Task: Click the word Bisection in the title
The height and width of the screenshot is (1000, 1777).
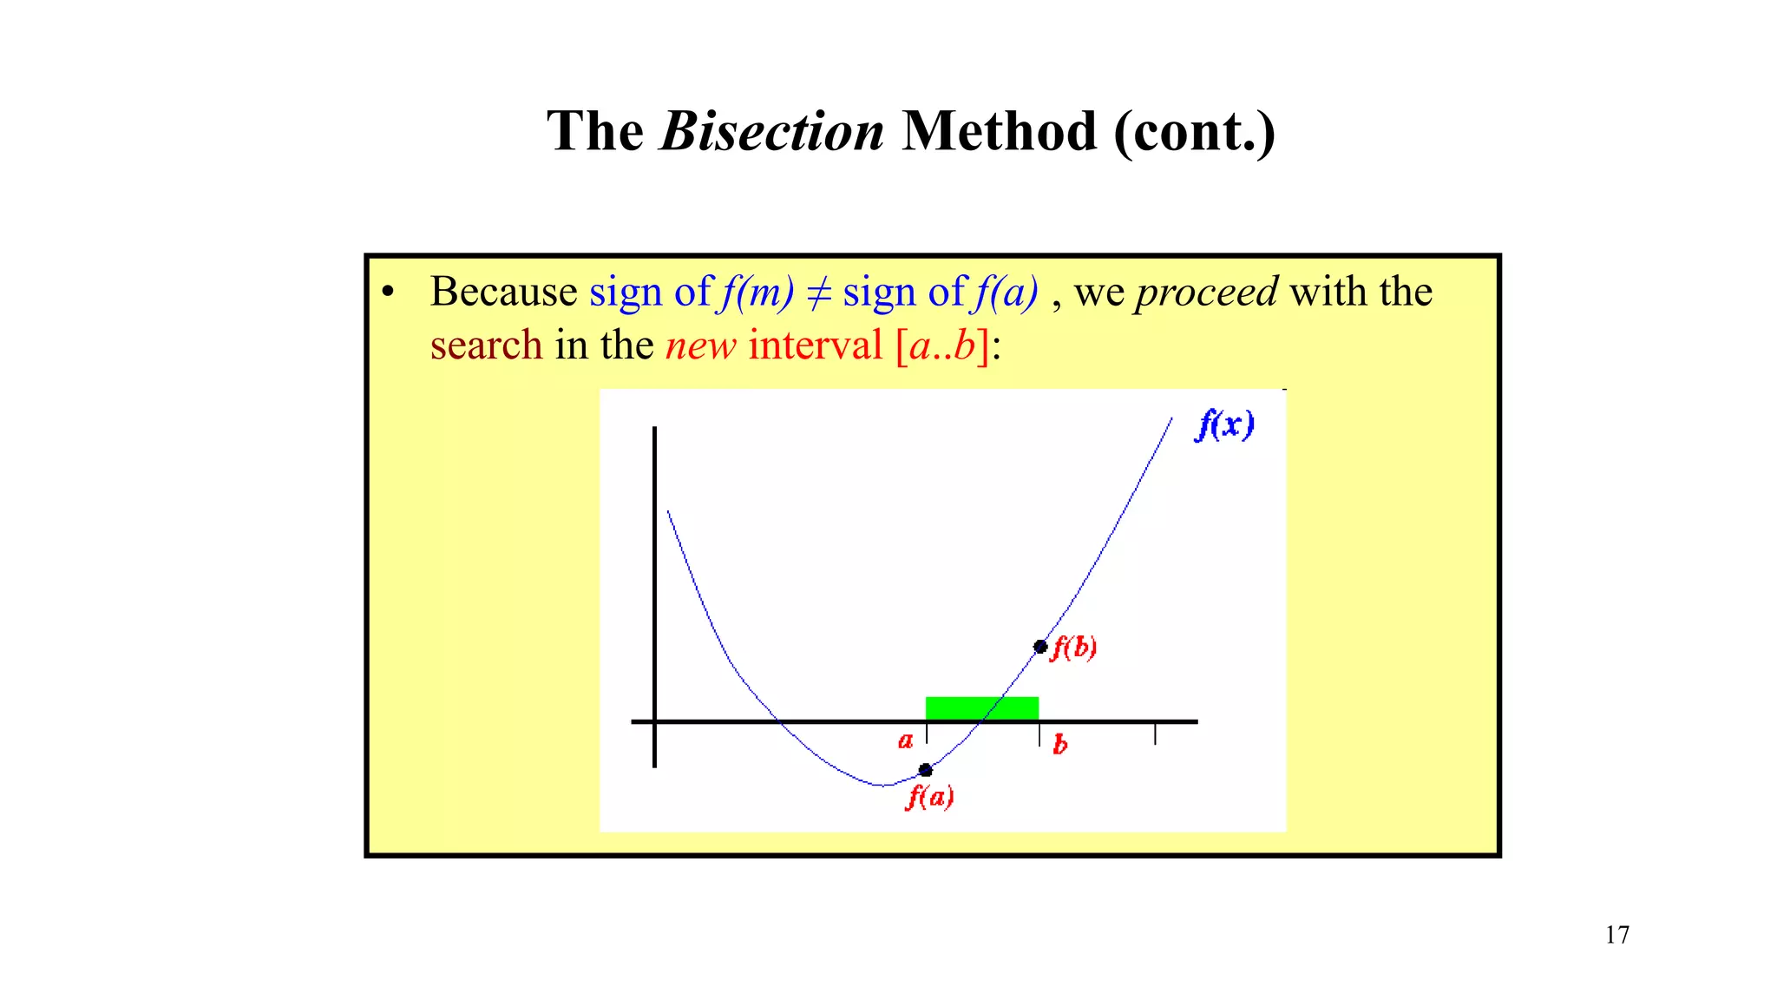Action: pos(771,132)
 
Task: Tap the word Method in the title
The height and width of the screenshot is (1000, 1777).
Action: pos(999,132)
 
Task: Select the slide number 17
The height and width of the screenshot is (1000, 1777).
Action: pos(1616,935)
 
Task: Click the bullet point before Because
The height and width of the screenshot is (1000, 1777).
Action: pos(388,293)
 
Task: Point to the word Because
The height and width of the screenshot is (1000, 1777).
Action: pos(503,292)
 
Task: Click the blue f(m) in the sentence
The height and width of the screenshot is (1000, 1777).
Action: pos(756,293)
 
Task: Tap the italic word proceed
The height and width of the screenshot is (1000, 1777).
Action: pos(1206,292)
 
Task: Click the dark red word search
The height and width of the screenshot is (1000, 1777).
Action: pos(486,345)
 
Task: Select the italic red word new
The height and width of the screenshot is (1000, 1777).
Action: pos(700,346)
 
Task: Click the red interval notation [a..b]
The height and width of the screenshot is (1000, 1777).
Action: pos(942,345)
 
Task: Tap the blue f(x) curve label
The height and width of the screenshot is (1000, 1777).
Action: pos(1224,424)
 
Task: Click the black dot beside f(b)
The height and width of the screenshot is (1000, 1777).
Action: pos(1040,647)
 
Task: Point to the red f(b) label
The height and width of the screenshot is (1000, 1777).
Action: pos(1074,648)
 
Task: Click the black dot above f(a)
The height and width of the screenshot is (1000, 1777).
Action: pos(926,770)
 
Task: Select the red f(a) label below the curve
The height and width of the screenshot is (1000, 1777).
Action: pos(929,796)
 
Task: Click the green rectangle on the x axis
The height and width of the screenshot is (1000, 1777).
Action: pos(981,708)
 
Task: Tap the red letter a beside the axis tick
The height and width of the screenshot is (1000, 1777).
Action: pos(905,741)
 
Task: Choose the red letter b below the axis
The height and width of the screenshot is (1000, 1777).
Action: pos(1059,745)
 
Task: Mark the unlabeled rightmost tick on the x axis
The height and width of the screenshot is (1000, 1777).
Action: pos(1155,734)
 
